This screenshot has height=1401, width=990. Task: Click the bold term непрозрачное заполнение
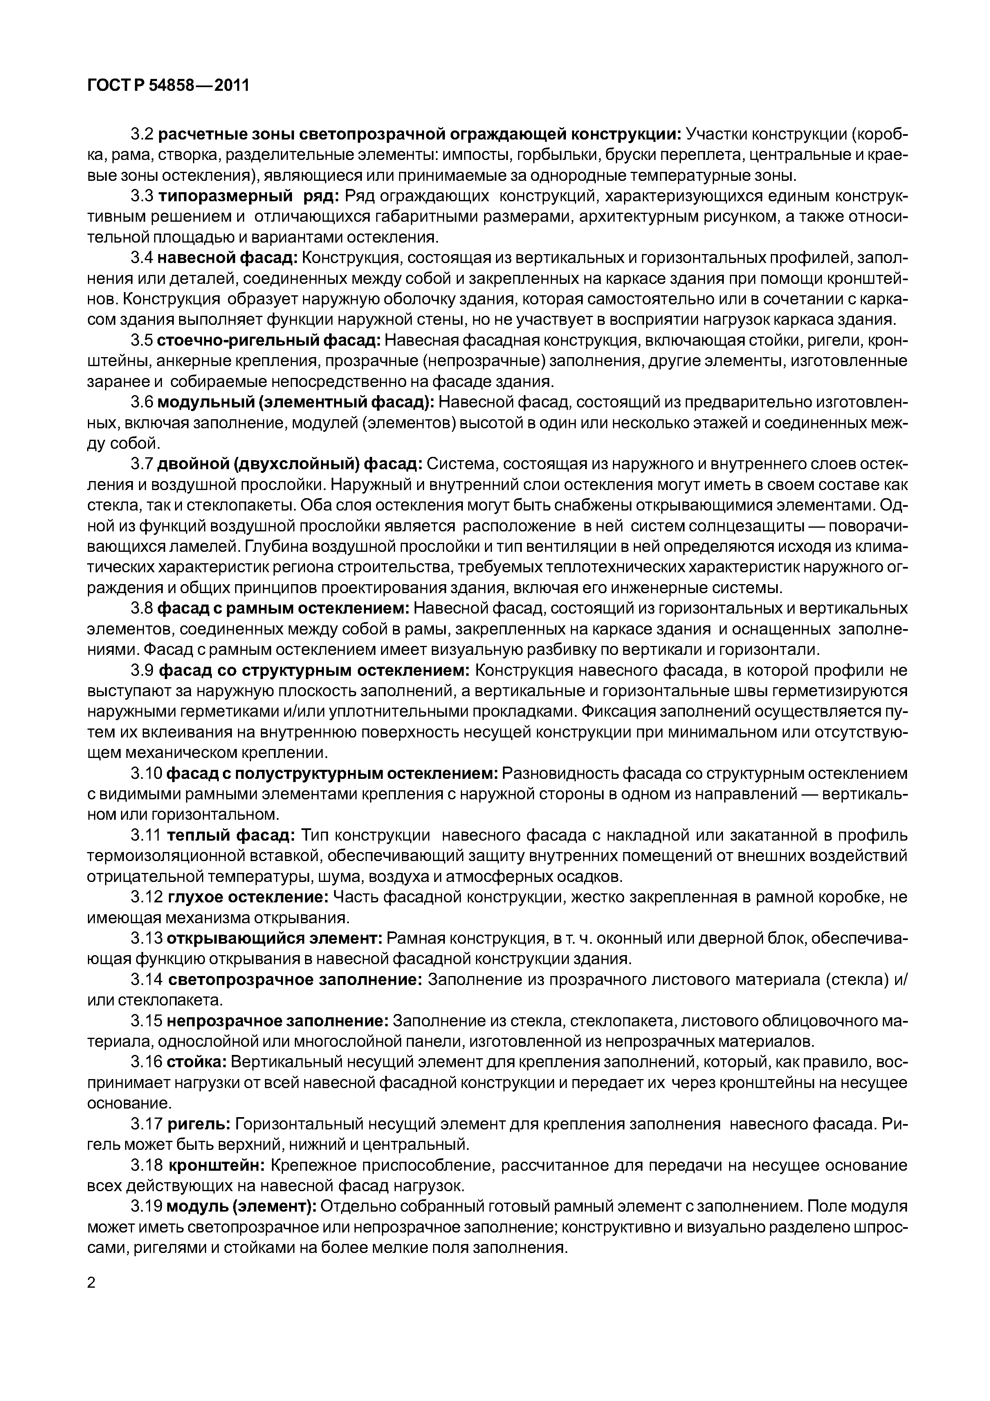click(x=278, y=1021)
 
